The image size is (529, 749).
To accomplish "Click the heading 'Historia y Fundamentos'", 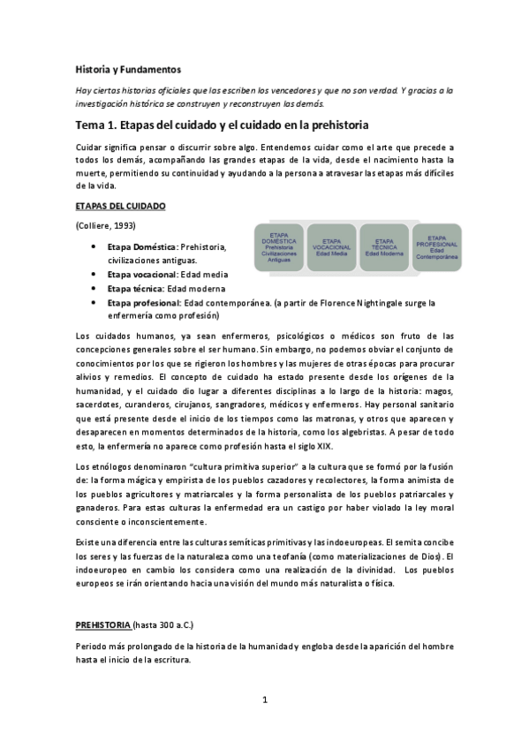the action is (128, 68).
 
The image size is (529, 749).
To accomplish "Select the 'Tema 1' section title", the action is (222, 125).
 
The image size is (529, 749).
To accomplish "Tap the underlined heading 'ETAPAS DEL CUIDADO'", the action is (121, 206).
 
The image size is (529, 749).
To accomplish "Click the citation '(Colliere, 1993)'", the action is (106, 227).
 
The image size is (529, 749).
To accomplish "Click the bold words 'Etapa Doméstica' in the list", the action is (142, 246).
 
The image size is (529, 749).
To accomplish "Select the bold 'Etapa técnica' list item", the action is (135, 289).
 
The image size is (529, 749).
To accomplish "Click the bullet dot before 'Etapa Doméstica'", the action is (93, 246).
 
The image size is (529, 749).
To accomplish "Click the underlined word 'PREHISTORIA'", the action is (103, 624).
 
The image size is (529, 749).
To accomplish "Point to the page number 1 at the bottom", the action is (264, 700).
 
